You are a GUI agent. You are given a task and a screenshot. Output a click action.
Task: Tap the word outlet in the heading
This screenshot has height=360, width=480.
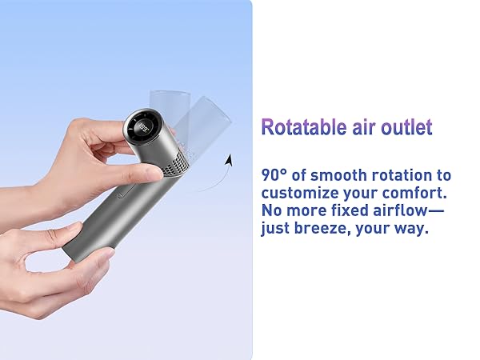[x=406, y=127]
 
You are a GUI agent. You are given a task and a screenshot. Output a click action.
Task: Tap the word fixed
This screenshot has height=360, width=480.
[x=351, y=210]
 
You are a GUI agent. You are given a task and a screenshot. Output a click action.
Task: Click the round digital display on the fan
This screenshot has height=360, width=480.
[x=144, y=129]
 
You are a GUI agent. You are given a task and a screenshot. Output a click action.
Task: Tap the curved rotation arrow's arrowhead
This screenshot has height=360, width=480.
[x=228, y=161]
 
